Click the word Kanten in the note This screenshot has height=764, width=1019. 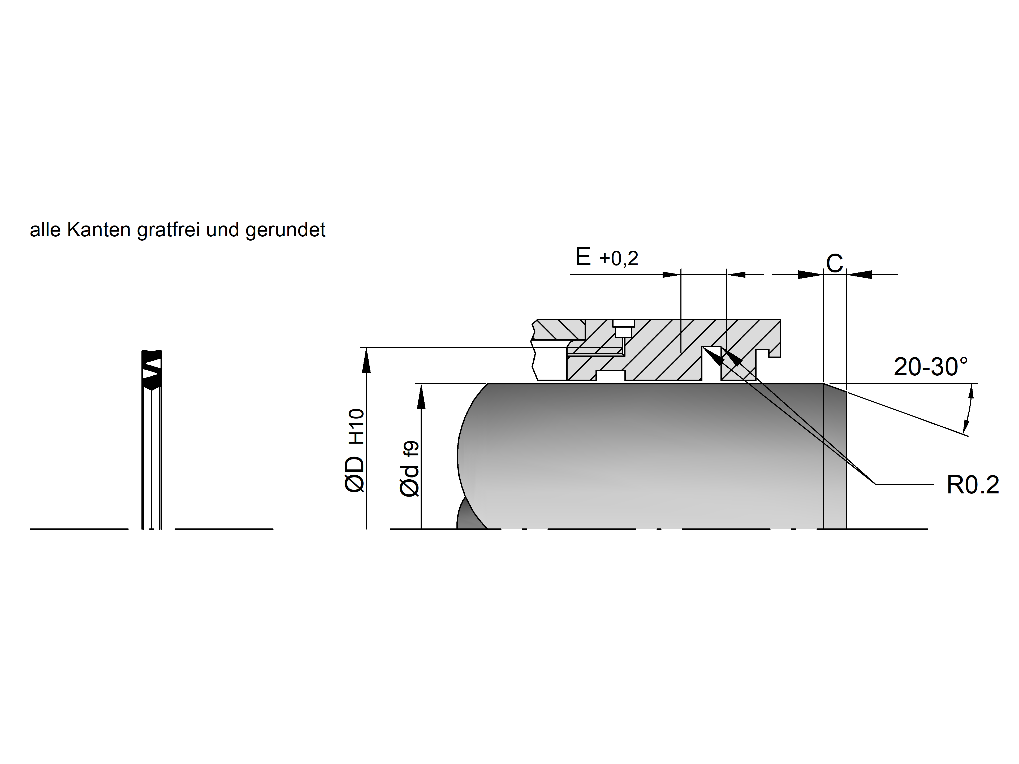99,230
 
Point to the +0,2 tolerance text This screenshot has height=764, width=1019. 619,259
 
